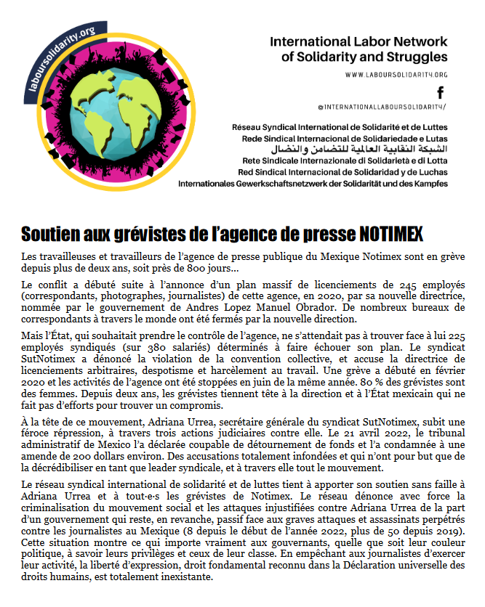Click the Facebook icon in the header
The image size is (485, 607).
point(440,91)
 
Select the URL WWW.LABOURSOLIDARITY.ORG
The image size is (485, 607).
point(396,75)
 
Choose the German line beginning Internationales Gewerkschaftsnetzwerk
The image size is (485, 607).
point(313,184)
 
